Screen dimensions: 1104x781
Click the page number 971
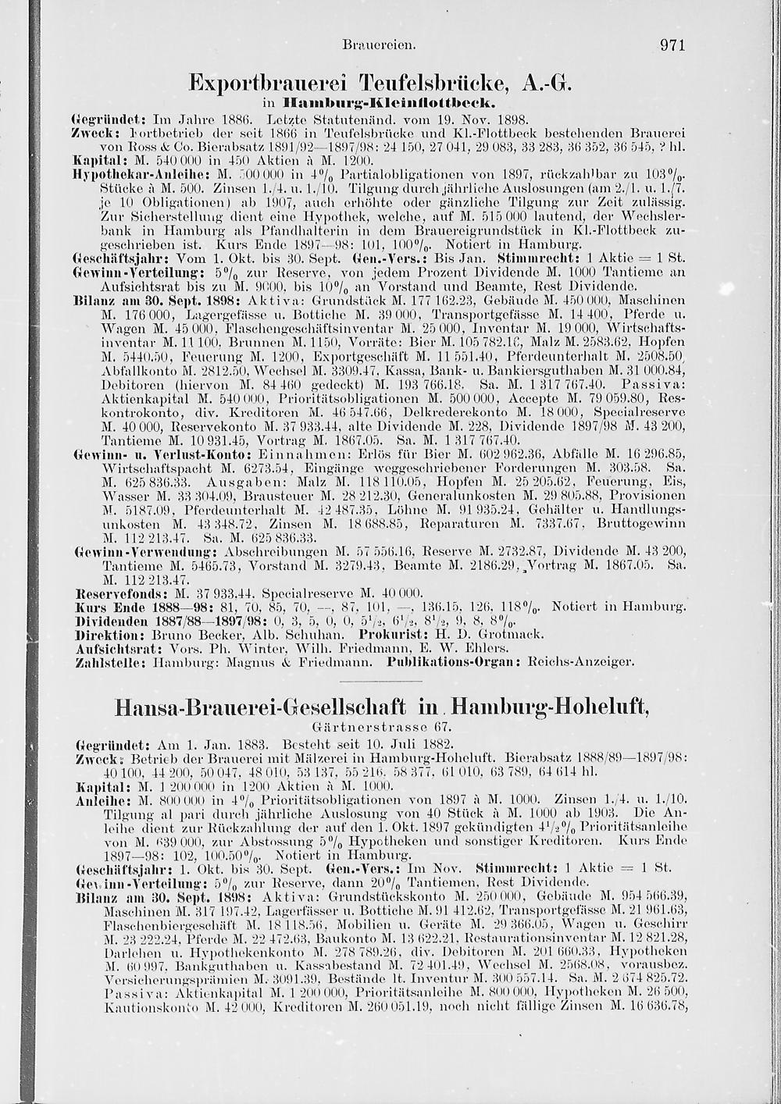tap(672, 45)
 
